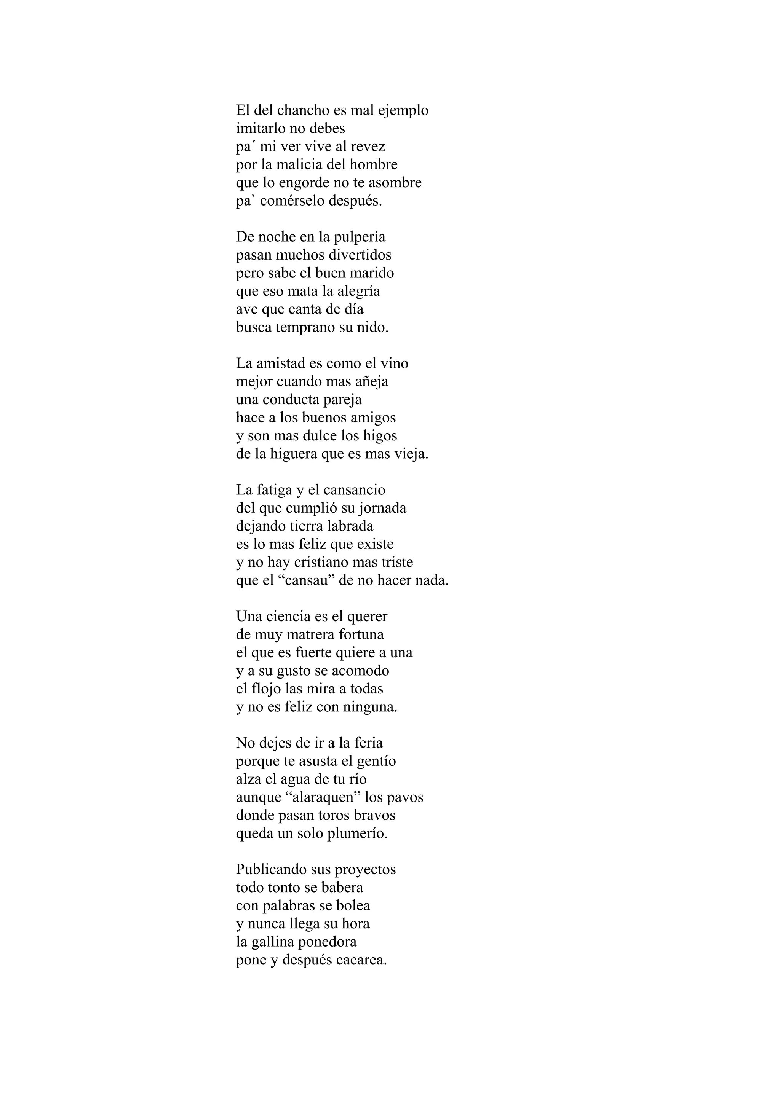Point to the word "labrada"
(350, 526)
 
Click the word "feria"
(369, 743)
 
